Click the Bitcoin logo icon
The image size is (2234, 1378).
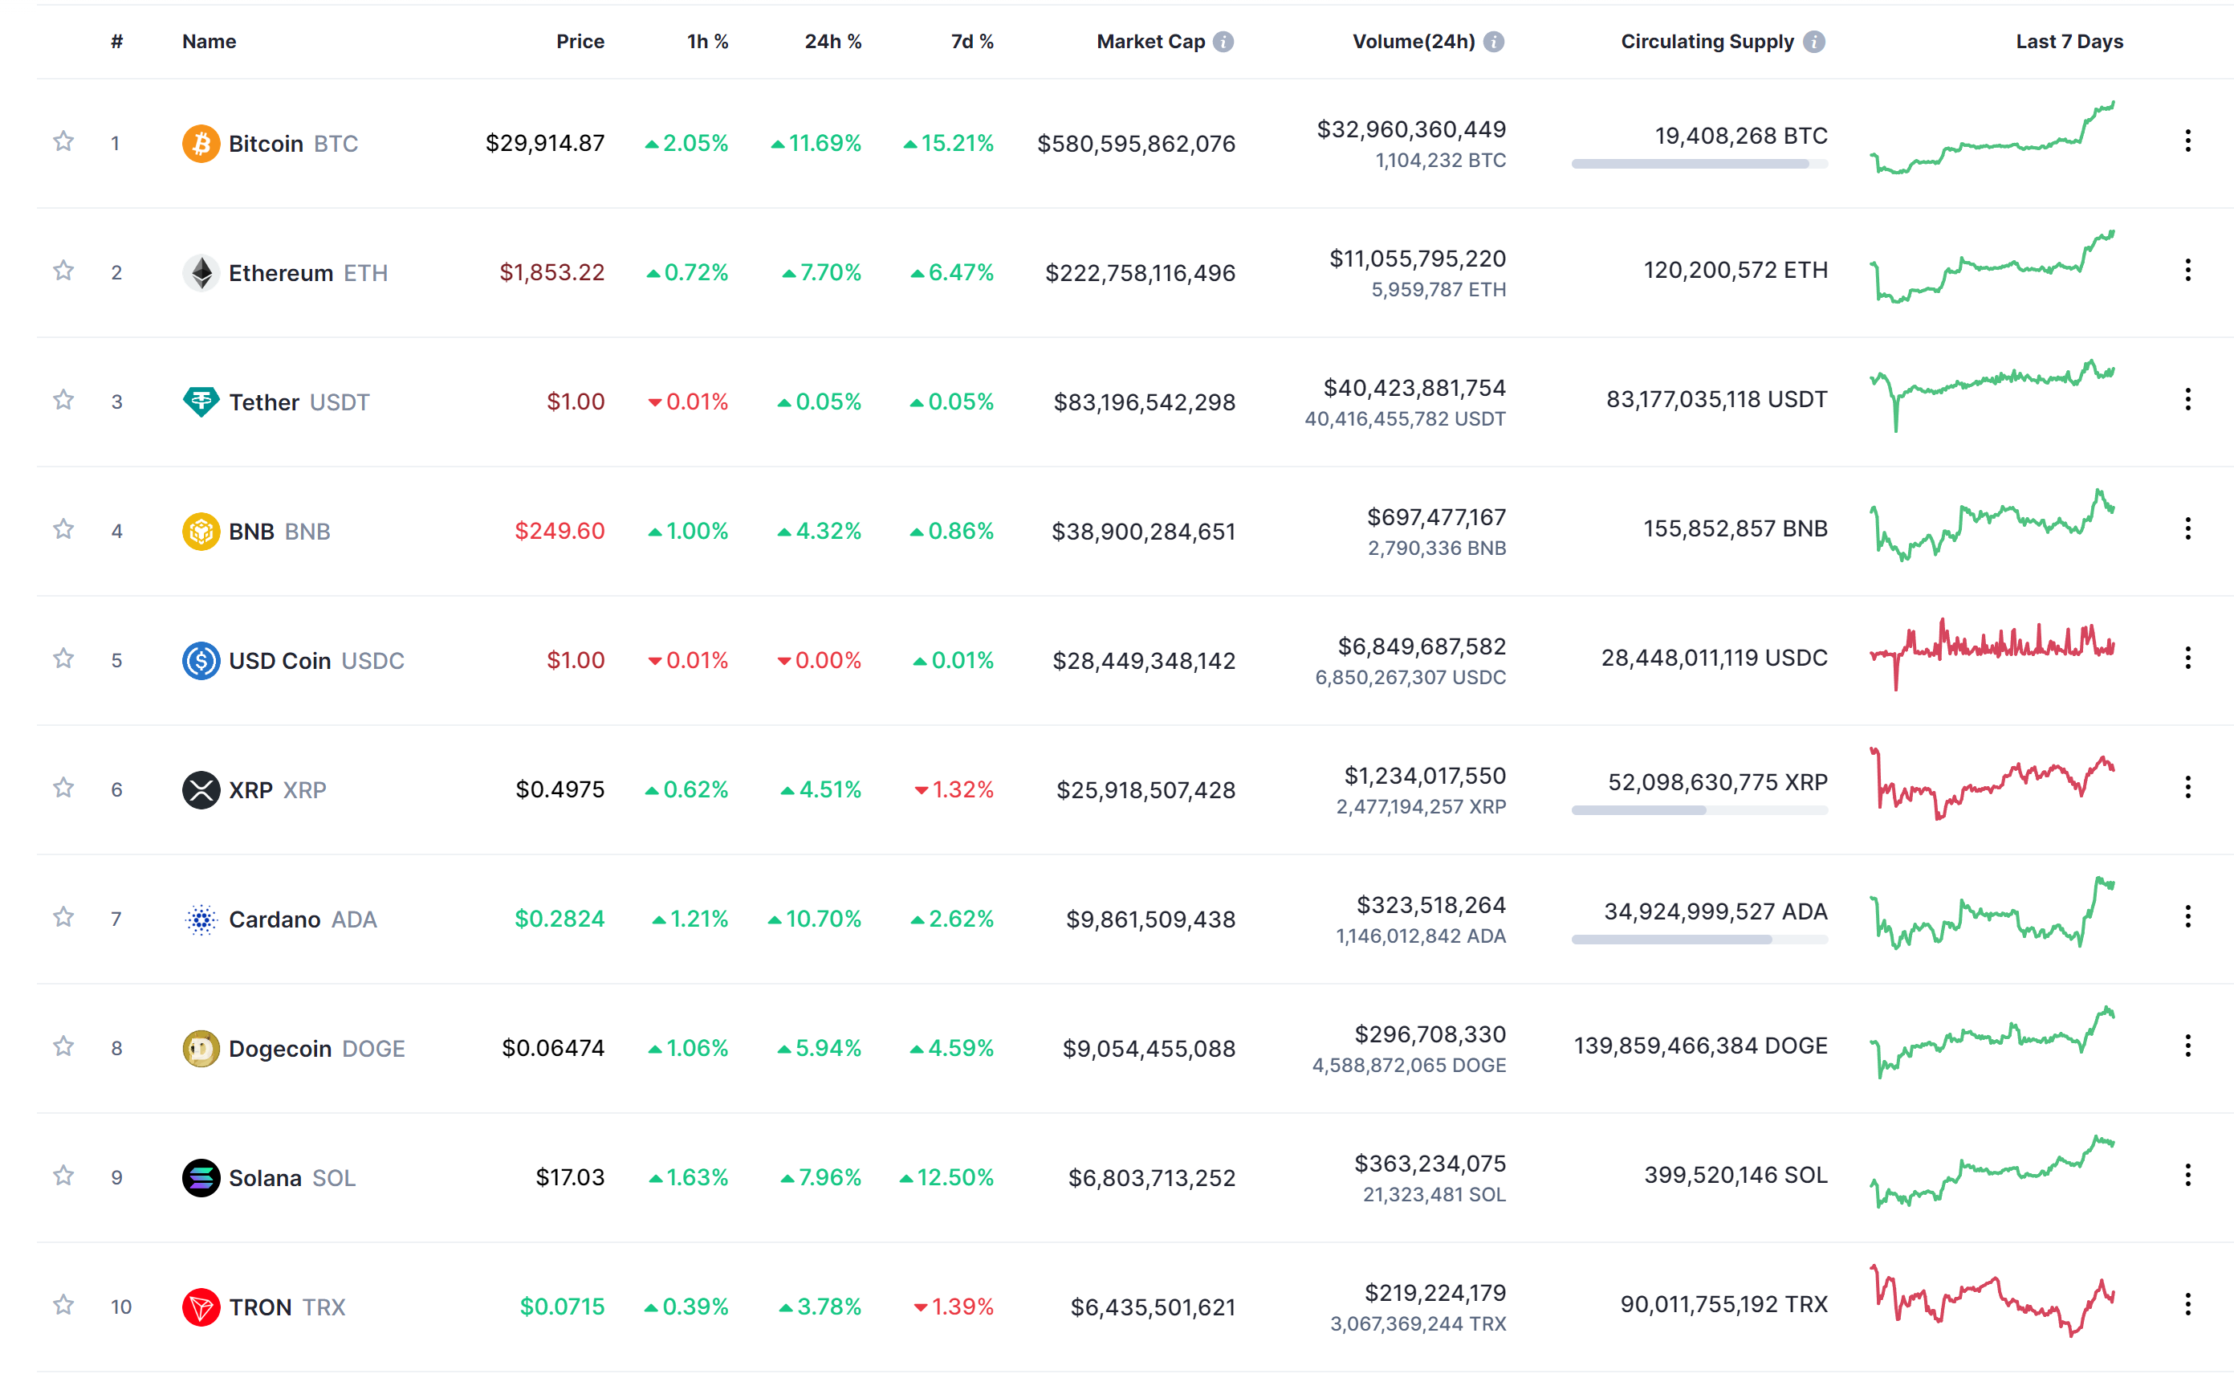click(x=201, y=143)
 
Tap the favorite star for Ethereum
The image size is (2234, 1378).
click(x=63, y=271)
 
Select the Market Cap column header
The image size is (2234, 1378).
click(x=1150, y=41)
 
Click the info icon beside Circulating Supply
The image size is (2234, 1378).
click(x=1814, y=41)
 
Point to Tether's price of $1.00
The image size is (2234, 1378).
click(x=575, y=401)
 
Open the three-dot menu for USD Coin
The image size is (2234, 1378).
click(x=2187, y=658)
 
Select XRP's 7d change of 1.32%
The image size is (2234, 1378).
click(x=954, y=789)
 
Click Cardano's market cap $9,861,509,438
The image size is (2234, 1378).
click(x=1150, y=919)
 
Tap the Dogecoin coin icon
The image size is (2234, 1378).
click(x=201, y=1048)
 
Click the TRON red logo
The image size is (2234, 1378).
click(x=201, y=1307)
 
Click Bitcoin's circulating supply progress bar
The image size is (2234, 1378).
click(x=1699, y=164)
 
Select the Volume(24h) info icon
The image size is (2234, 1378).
click(x=1493, y=41)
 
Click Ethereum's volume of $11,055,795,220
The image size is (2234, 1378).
click(x=1417, y=259)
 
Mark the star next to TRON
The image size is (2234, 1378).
click(x=63, y=1304)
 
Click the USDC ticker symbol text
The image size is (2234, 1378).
click(x=372, y=660)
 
